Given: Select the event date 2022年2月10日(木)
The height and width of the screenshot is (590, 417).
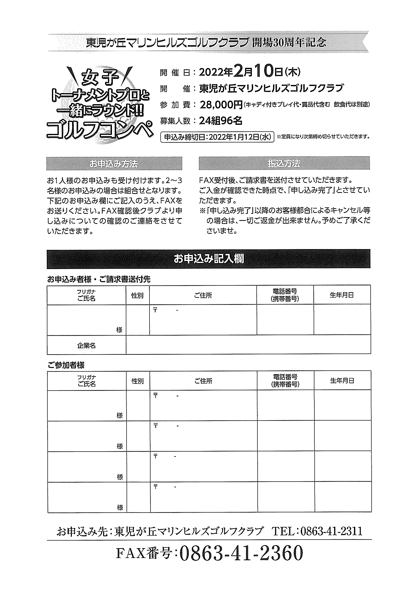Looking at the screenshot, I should (250, 72).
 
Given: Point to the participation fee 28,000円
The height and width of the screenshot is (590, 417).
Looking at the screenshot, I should (221, 105).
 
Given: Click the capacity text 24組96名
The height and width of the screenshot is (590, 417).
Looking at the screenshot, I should (221, 121).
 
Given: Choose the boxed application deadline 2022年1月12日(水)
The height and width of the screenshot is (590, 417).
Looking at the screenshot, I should (217, 137).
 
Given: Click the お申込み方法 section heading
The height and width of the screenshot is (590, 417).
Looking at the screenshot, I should (114, 164).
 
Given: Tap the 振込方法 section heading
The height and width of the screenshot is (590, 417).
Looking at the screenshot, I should (284, 163).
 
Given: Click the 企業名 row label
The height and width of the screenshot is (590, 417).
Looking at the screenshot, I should (86, 346).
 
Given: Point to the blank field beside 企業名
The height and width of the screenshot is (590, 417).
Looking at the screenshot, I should (248, 345).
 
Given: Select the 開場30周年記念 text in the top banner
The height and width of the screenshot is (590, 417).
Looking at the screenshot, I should (289, 43).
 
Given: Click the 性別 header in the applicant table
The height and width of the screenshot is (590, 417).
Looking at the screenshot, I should (137, 296).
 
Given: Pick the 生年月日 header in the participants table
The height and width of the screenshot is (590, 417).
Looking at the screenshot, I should (342, 381).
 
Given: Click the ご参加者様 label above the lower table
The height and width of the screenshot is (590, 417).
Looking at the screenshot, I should (66, 365).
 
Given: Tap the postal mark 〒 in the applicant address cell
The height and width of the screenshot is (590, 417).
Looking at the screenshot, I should (155, 310).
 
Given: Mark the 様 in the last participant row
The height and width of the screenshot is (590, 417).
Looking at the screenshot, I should (120, 508).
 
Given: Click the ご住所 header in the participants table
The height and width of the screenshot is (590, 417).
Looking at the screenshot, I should (203, 381).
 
